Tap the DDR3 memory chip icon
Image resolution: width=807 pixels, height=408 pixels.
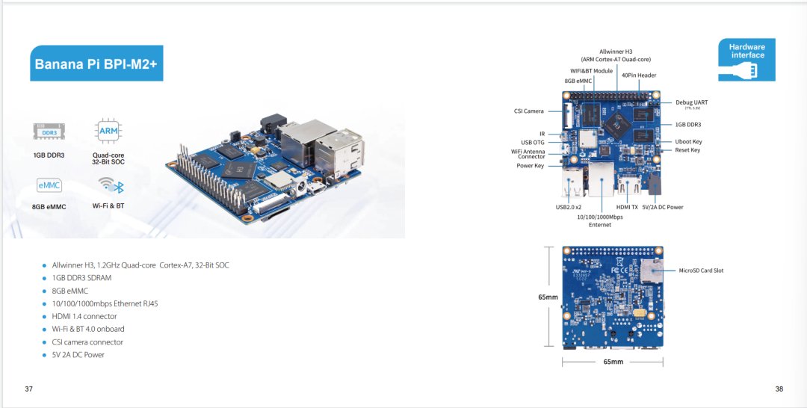(49, 132)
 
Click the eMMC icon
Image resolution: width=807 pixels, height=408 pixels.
(49, 185)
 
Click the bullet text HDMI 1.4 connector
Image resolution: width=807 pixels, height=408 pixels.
(84, 316)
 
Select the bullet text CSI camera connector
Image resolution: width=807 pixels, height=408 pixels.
(87, 342)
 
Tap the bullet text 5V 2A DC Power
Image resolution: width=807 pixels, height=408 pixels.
(78, 355)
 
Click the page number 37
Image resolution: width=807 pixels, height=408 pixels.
(29, 389)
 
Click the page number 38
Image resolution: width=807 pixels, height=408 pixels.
(779, 389)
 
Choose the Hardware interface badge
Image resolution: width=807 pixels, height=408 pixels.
(746, 61)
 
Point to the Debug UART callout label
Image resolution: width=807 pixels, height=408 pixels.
(691, 102)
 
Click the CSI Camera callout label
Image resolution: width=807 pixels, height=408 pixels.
(529, 111)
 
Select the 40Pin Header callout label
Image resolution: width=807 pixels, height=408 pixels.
(639, 75)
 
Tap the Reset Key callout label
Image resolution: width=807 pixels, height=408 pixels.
(687, 150)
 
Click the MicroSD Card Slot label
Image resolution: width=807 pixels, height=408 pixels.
(700, 271)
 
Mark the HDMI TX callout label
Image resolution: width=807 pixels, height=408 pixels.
(627, 207)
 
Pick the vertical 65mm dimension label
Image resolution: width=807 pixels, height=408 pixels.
(548, 297)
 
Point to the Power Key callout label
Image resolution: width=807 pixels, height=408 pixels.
(530, 166)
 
